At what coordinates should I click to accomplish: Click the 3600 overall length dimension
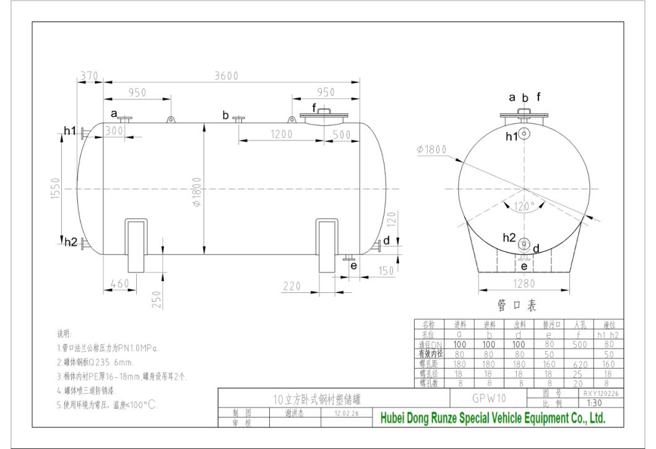coord(226,76)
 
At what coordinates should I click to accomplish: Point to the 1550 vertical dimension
coord(54,189)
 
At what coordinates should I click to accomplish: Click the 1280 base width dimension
coord(524,284)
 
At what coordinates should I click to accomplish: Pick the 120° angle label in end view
coord(524,207)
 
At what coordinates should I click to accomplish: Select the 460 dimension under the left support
coord(119,283)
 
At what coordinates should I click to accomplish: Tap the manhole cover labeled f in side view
coord(322,115)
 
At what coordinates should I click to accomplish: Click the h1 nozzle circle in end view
coord(524,133)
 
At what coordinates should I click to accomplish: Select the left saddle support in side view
coord(138,245)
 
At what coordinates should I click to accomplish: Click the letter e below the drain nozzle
coord(353,266)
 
